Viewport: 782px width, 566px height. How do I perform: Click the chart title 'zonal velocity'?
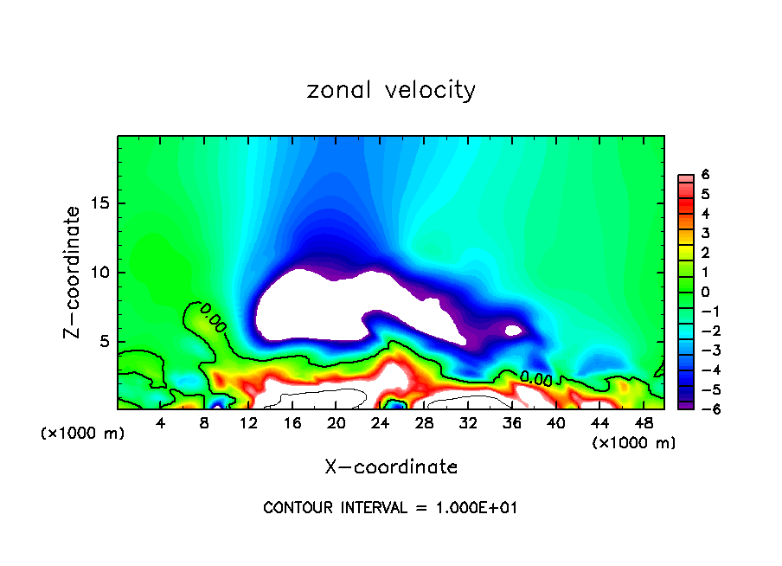[391, 90]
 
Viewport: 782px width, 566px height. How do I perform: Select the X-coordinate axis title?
[391, 467]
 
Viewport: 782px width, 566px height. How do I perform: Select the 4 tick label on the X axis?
[161, 423]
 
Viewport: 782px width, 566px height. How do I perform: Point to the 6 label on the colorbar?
[705, 175]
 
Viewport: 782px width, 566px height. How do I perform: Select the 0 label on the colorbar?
[705, 292]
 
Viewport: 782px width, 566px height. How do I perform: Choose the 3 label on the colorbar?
[705, 234]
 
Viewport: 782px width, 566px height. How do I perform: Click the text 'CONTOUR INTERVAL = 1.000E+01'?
[390, 508]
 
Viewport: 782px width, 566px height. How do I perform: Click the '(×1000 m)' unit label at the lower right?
[633, 443]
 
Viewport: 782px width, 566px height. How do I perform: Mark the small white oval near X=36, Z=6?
[513, 330]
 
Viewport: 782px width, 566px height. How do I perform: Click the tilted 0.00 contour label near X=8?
[213, 318]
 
